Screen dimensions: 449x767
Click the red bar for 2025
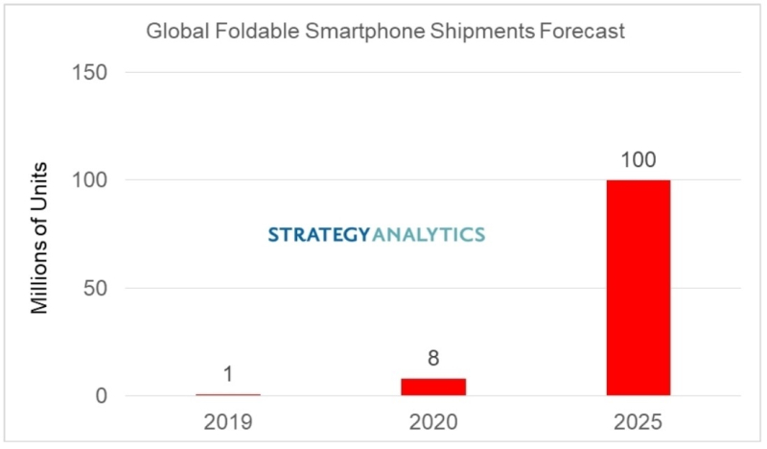click(638, 288)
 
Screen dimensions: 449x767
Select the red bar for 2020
click(433, 387)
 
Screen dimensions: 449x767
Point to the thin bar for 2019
click(228, 394)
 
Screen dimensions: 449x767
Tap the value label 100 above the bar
click(638, 159)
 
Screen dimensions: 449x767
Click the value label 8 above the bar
click(433, 359)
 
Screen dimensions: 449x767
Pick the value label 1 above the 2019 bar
click(228, 374)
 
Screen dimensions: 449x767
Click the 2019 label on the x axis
click(228, 422)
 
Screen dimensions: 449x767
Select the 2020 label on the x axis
click(433, 422)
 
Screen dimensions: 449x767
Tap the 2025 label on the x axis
click(638, 422)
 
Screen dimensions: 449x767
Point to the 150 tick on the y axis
click(89, 72)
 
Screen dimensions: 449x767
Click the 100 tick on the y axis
click(89, 179)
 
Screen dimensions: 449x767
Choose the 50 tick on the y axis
click(95, 288)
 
